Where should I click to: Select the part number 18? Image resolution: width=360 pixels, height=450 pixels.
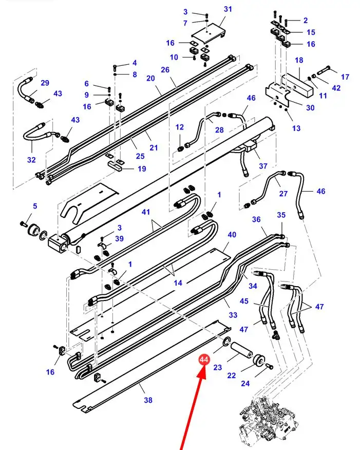(299, 61)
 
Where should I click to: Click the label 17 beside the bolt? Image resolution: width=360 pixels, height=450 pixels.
(345, 77)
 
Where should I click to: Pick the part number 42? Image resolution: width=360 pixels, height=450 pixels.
(336, 88)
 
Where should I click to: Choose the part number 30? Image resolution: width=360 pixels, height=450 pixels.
(310, 108)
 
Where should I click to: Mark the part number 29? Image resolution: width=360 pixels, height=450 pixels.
(45, 83)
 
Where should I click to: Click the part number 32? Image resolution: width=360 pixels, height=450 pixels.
(31, 160)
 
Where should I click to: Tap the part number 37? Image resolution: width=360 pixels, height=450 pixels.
(263, 166)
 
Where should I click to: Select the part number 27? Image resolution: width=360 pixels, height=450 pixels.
(283, 194)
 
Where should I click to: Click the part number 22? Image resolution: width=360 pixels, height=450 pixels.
(232, 376)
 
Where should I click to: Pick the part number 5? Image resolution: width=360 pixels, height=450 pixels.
(35, 206)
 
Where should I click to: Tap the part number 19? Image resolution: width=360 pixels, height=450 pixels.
(142, 169)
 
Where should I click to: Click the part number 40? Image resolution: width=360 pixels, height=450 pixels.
(232, 234)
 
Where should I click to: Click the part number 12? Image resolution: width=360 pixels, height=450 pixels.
(179, 127)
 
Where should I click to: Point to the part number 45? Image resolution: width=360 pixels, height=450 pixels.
(244, 301)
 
